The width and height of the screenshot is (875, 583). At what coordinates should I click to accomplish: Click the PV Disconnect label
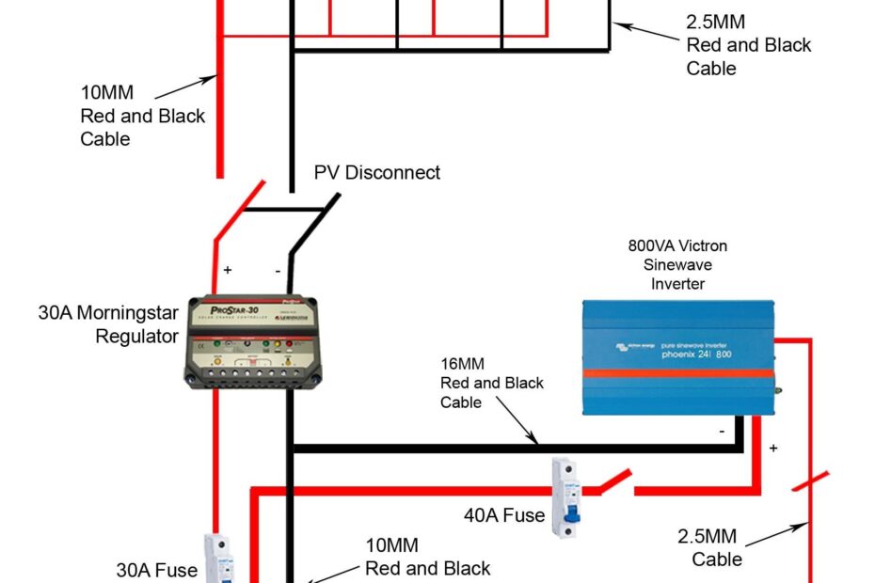[x=376, y=173]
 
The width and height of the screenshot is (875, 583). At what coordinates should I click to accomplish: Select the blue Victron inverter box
[x=677, y=358]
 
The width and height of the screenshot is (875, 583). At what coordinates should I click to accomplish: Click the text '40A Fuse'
[x=504, y=515]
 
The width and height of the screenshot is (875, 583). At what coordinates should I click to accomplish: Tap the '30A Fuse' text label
[x=156, y=570]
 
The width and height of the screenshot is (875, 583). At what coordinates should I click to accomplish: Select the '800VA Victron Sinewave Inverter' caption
[x=677, y=264]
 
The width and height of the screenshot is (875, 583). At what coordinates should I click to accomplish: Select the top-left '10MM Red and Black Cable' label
[x=142, y=116]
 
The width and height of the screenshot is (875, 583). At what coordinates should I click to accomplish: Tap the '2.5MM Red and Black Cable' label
[x=748, y=45]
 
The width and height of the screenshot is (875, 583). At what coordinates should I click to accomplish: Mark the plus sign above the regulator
[x=228, y=270]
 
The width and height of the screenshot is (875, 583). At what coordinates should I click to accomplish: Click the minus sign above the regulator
[x=278, y=270]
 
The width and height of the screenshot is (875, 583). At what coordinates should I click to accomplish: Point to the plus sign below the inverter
[x=773, y=449]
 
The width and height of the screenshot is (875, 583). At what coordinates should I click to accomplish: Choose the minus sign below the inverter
[x=722, y=432]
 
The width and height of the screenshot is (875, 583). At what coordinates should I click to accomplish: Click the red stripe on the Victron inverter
[x=677, y=373]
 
